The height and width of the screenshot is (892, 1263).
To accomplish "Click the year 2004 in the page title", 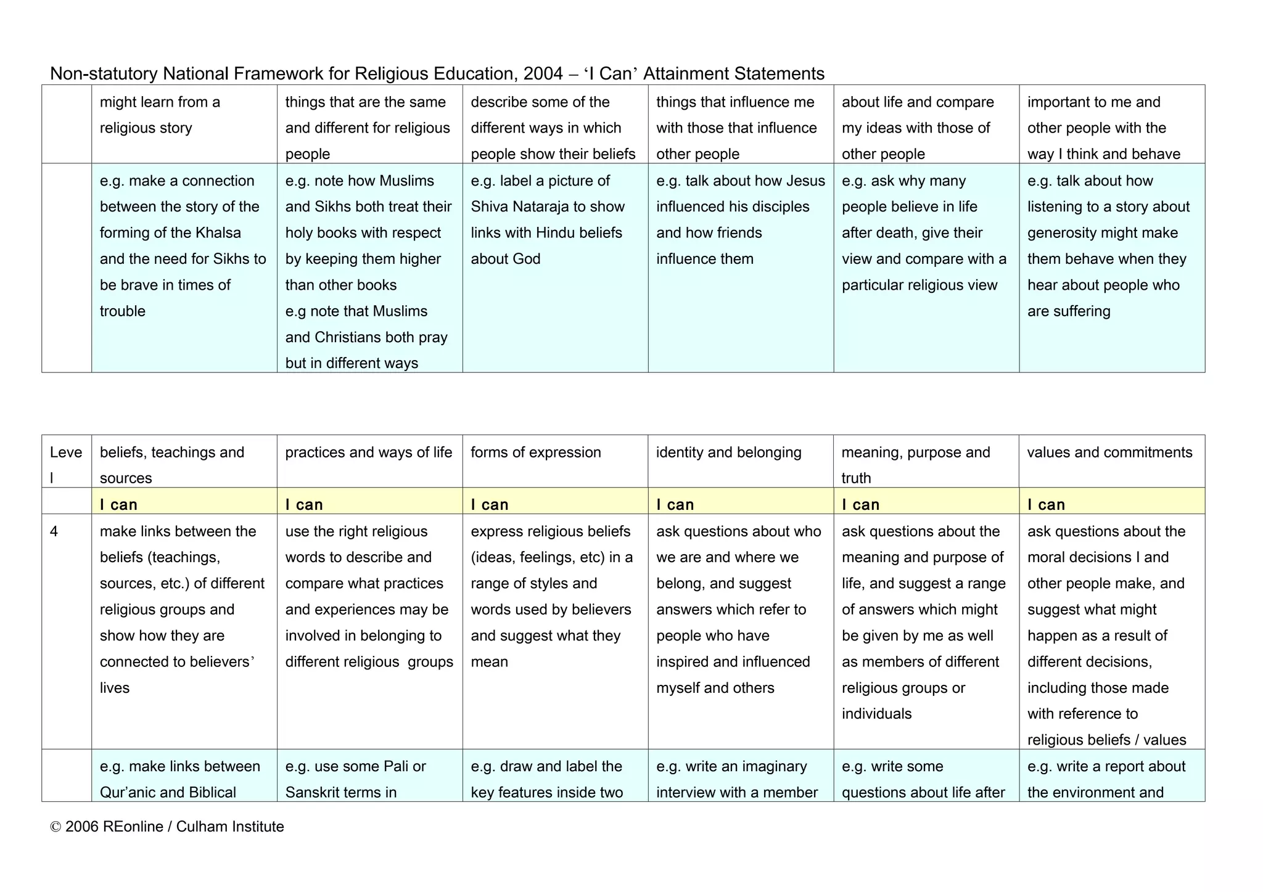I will pos(543,74).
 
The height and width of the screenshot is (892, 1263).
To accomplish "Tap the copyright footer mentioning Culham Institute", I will pos(167,827).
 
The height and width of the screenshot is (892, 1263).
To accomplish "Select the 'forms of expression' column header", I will pos(535,452).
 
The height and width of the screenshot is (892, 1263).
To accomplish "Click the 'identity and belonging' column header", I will pos(728,452).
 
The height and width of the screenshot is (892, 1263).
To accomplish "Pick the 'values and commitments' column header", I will pos(1109,452).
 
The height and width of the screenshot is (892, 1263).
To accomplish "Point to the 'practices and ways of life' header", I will pos(369,452).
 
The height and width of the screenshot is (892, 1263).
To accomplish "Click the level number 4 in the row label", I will pos(54,531).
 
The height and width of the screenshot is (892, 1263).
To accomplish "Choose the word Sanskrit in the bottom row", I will pos(314,793).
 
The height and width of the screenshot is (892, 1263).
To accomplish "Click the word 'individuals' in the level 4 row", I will pos(876,714).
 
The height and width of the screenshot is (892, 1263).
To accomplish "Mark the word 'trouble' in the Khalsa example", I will pos(122,311).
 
